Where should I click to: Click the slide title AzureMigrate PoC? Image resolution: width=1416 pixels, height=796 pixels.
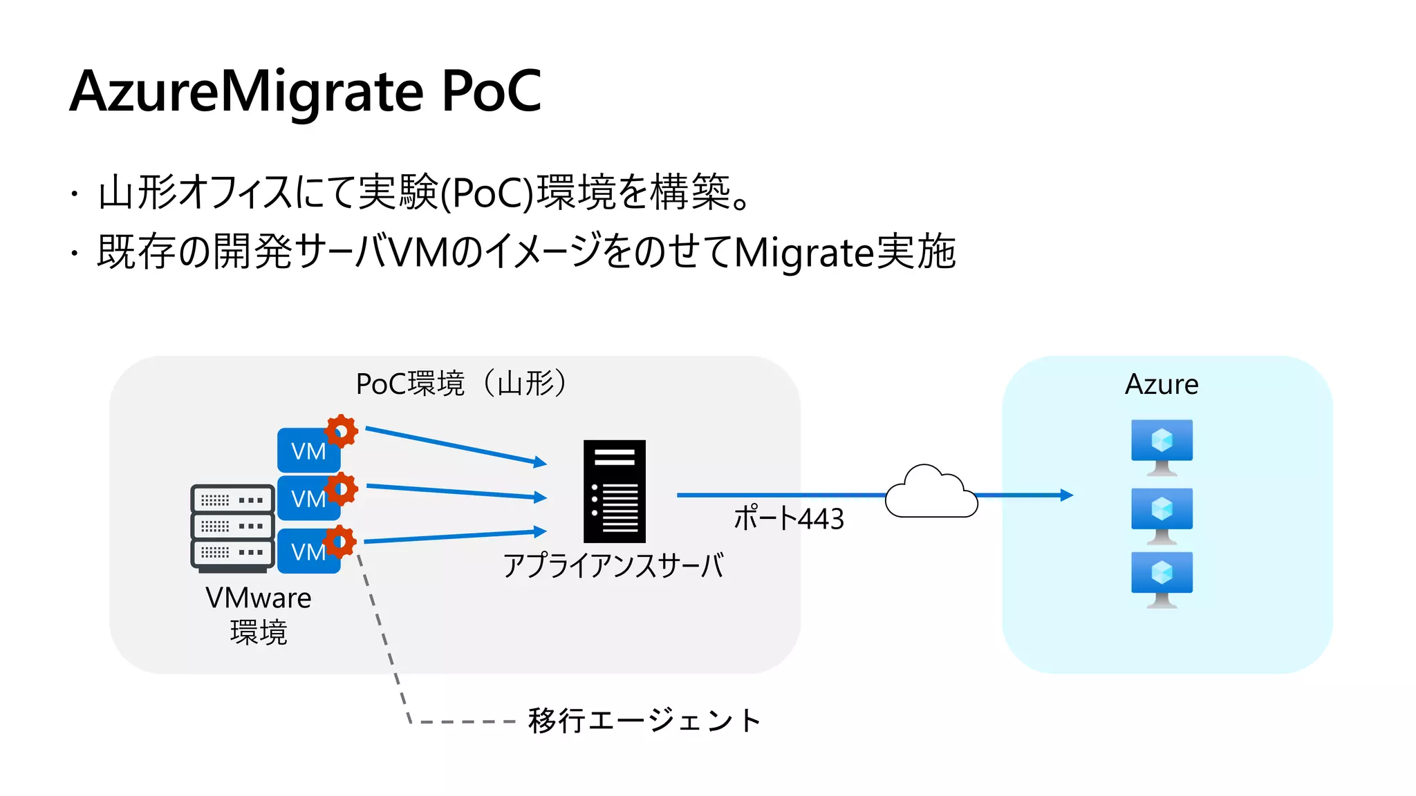coord(306,91)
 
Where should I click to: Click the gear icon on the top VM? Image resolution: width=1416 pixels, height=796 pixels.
coord(341,431)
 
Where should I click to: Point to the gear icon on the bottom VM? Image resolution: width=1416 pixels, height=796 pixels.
coord(340,541)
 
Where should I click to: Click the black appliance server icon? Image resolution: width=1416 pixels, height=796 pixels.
coord(614,491)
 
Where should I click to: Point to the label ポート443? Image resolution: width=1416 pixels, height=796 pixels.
coord(788,518)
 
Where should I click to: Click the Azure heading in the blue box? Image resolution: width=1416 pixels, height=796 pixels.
coord(1162,384)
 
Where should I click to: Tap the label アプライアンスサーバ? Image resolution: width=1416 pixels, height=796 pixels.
coord(613,565)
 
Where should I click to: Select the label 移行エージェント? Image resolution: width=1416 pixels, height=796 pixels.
coord(644,721)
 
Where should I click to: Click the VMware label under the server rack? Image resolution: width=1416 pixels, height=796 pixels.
coord(258,598)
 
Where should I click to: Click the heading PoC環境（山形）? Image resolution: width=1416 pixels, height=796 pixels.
coord(461,383)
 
